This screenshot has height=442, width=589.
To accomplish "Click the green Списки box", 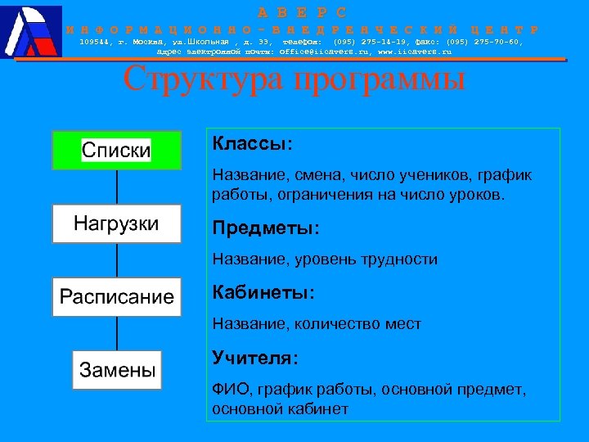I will pyautogui.click(x=116, y=151).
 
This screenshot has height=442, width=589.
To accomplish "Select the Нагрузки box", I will pyautogui.click(x=116, y=223).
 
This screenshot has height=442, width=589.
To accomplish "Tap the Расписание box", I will pyautogui.click(x=116, y=296).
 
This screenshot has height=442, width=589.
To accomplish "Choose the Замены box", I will pyautogui.click(x=116, y=369).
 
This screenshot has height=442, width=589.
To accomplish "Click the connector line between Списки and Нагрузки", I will pyautogui.click(x=117, y=187).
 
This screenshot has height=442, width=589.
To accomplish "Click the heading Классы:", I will pyautogui.click(x=252, y=144).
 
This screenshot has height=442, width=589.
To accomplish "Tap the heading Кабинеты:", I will pyautogui.click(x=263, y=291).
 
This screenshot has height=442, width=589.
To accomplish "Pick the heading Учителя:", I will pyautogui.click(x=255, y=358).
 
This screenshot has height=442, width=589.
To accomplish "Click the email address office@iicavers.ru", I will pyautogui.click(x=318, y=52).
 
